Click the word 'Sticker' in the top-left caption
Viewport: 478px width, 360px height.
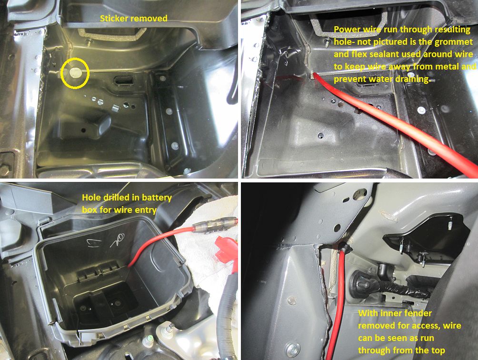click(114, 18)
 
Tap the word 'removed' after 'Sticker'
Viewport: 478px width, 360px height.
click(149, 18)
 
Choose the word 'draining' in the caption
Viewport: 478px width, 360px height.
click(414, 79)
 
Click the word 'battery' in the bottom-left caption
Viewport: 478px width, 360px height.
click(157, 198)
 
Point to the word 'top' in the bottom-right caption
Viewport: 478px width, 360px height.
click(438, 350)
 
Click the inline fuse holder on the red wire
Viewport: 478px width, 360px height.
click(215, 224)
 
